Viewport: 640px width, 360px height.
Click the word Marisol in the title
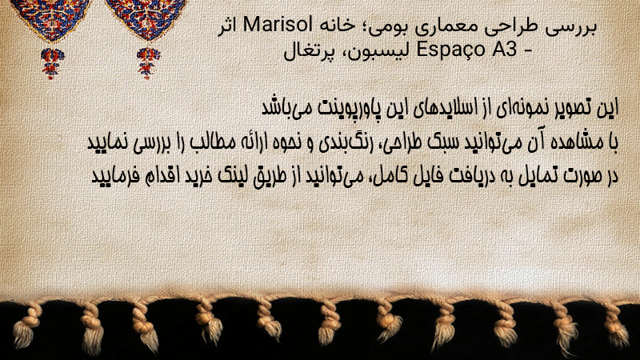coord(278,26)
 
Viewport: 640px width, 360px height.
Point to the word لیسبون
coord(376,50)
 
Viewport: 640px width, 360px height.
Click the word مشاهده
coord(579,142)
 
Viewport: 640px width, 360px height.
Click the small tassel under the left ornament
coord(52,63)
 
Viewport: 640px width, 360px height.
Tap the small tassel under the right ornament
coord(148,63)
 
